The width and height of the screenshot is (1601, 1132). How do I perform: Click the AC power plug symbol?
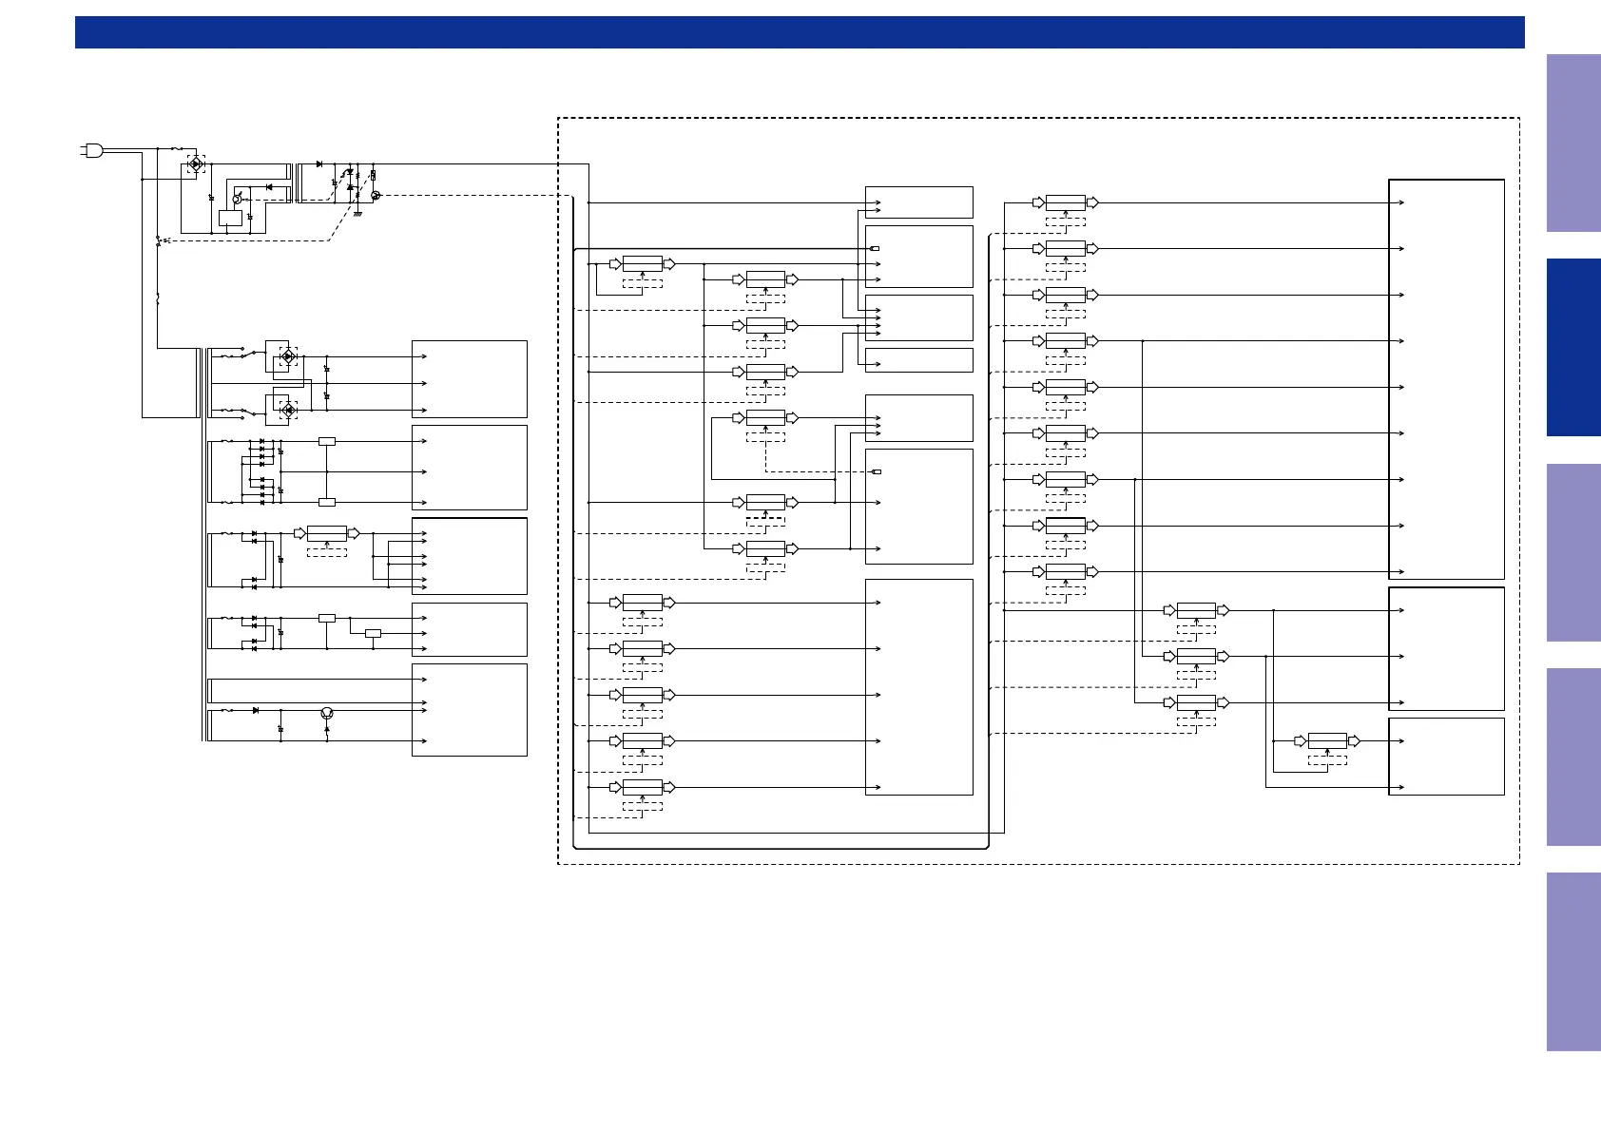pyautogui.click(x=91, y=149)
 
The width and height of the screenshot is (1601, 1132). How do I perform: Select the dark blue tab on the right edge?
pyautogui.click(x=1573, y=347)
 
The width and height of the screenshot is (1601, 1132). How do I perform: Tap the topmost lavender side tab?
pyautogui.click(x=1573, y=143)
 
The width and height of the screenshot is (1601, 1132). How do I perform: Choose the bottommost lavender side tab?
pyautogui.click(x=1573, y=961)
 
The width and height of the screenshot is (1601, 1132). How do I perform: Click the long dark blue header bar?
pyautogui.click(x=799, y=31)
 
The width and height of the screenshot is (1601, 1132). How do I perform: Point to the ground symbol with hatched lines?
pyautogui.click(x=358, y=214)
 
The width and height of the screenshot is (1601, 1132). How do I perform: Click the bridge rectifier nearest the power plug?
pyautogui.click(x=195, y=164)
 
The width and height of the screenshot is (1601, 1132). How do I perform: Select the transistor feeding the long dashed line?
pyautogui.click(x=375, y=196)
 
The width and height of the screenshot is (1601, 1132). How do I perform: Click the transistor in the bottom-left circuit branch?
pyautogui.click(x=327, y=713)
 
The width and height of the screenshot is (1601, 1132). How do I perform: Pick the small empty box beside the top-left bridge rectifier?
pyautogui.click(x=230, y=218)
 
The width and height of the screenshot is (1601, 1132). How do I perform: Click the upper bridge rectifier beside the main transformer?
pyautogui.click(x=287, y=357)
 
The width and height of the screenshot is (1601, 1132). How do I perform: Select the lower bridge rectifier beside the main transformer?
pyautogui.click(x=287, y=411)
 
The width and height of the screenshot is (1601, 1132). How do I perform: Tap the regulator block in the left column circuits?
pyautogui.click(x=327, y=533)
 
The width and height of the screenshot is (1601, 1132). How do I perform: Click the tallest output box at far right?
pyautogui.click(x=1446, y=378)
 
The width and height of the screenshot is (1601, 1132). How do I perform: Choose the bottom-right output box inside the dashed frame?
pyautogui.click(x=1446, y=756)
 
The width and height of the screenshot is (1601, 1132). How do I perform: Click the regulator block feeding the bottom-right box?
pyautogui.click(x=1327, y=741)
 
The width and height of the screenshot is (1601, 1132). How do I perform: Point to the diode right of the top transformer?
pyautogui.click(x=318, y=164)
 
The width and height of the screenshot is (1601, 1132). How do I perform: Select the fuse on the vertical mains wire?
pyautogui.click(x=157, y=298)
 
